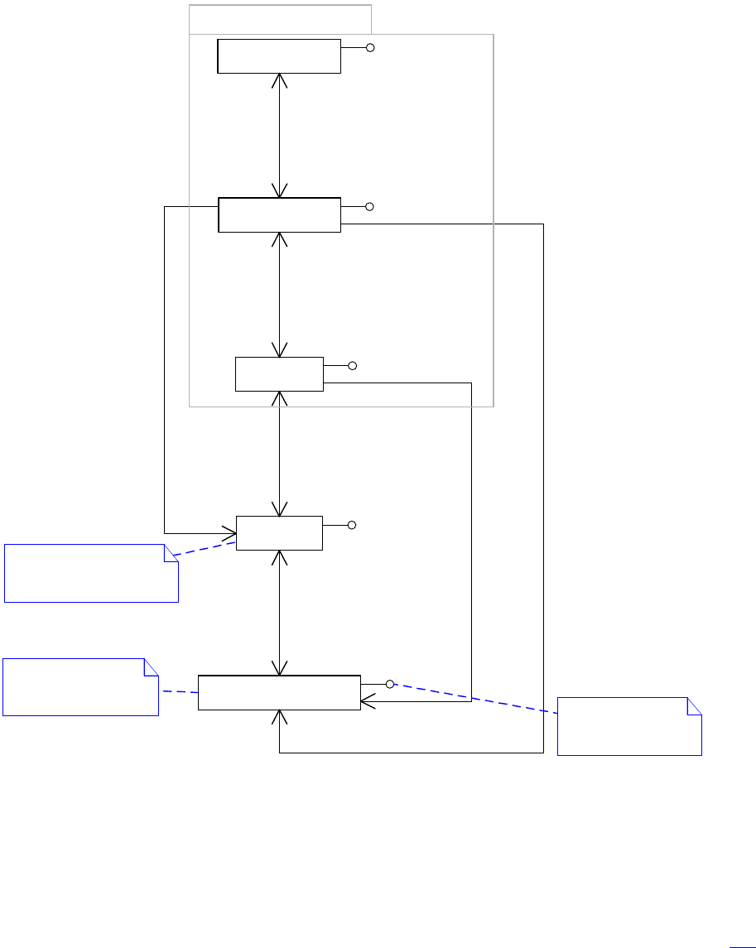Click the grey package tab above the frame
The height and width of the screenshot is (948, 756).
tap(280, 18)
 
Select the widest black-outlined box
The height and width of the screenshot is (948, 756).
tap(279, 692)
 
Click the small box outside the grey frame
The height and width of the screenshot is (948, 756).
tap(279, 532)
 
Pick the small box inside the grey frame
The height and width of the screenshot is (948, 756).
tap(279, 374)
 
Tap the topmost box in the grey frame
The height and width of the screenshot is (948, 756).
tap(279, 55)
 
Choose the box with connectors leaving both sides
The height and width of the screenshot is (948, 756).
tap(279, 214)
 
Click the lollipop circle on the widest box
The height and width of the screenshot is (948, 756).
tap(389, 684)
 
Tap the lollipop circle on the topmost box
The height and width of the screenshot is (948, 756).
tap(370, 48)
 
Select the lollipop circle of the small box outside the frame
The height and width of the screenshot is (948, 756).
tap(352, 525)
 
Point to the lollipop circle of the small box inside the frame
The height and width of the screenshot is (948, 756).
tap(352, 366)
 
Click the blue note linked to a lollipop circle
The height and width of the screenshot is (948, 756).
tap(629, 726)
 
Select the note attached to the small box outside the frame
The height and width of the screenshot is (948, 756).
tap(91, 572)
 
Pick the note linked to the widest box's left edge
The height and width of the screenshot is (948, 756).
tap(80, 686)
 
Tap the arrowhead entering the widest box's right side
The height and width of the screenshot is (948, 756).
tap(367, 701)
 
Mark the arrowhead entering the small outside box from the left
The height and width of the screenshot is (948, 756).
tap(230, 532)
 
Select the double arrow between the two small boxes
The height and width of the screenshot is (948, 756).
tap(280, 453)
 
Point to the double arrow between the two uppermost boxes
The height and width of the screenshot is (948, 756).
tap(280, 135)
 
